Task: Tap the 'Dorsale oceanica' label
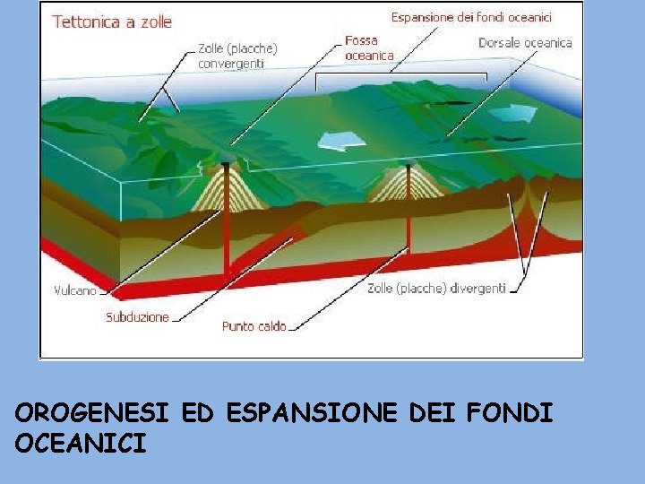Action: click(524, 43)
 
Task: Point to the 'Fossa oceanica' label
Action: click(369, 48)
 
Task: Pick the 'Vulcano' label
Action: click(76, 290)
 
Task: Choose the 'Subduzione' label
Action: click(137, 317)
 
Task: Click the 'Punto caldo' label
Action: click(254, 326)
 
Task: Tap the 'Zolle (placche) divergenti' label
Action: click(436, 289)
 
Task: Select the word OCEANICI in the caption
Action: click(81, 443)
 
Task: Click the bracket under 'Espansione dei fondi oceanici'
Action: click(400, 73)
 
